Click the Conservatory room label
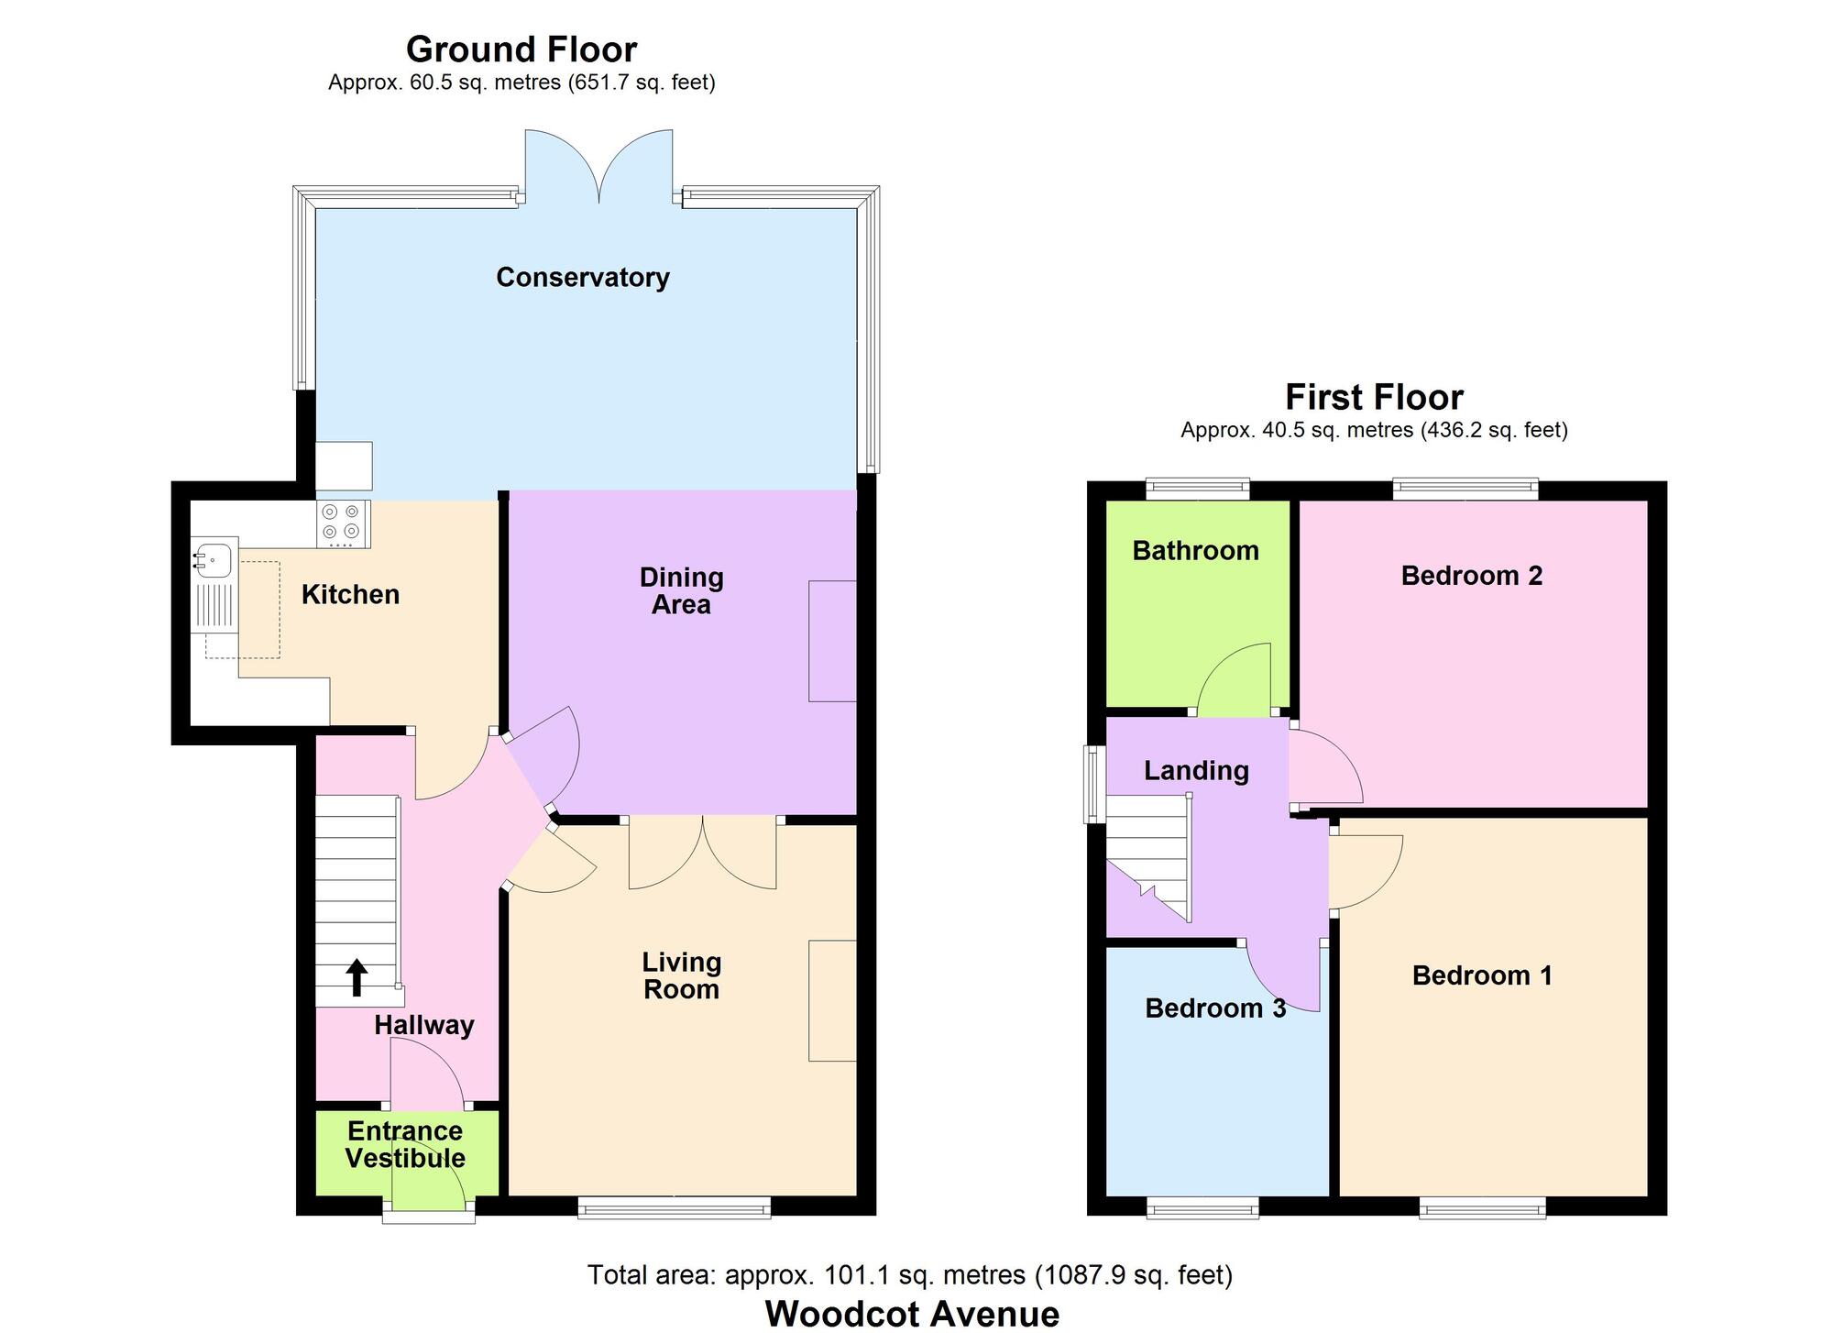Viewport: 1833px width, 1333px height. pyautogui.click(x=583, y=278)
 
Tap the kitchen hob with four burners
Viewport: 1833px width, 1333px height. pyautogui.click(x=343, y=524)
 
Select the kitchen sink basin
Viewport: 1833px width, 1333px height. pyautogui.click(x=214, y=558)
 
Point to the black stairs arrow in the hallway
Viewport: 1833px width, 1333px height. pyautogui.click(x=357, y=977)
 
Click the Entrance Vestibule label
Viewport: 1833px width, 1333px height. pyautogui.click(x=405, y=1144)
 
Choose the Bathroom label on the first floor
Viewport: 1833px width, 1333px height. pyautogui.click(x=1196, y=550)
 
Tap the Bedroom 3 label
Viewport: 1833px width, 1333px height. pyautogui.click(x=1215, y=1008)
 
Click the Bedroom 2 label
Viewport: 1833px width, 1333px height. pyautogui.click(x=1472, y=576)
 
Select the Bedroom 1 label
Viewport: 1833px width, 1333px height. pyautogui.click(x=1482, y=975)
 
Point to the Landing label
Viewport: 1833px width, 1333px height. pyautogui.click(x=1196, y=771)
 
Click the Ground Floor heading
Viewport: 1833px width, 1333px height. pyautogui.click(x=521, y=50)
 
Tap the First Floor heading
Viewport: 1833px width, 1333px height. pyautogui.click(x=1374, y=398)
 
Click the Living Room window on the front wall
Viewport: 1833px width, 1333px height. pyautogui.click(x=675, y=1210)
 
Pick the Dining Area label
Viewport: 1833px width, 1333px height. pyautogui.click(x=682, y=591)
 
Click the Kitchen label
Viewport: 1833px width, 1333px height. pyautogui.click(x=350, y=595)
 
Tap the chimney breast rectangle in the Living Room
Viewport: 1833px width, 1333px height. pyautogui.click(x=832, y=1000)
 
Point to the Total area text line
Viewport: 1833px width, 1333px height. pyautogui.click(x=910, y=1275)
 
